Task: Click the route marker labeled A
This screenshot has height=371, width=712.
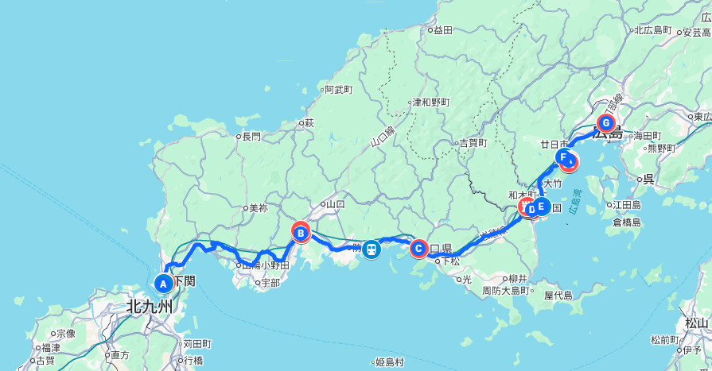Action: coord(163,283)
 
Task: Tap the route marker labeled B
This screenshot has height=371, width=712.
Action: coord(301,233)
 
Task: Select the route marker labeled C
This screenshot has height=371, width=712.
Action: coord(418,249)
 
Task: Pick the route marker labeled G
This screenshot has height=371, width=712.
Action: coord(606,123)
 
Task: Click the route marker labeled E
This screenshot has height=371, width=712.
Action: coord(541,207)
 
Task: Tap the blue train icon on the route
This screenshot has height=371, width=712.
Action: coord(371,249)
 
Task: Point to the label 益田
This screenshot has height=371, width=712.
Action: coord(442,30)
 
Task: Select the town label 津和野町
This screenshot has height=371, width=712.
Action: coord(430,102)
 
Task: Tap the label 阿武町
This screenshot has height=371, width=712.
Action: coord(338,90)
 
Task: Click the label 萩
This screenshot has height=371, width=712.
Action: coord(309,122)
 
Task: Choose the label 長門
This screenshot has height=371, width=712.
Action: coord(251,136)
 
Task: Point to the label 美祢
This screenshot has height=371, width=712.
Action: coord(258,208)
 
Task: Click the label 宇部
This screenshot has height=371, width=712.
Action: coord(270,282)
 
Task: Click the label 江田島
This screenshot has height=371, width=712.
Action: coord(627,204)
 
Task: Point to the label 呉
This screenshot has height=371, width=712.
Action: coord(648,179)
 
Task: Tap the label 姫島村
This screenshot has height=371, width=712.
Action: coord(390,362)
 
